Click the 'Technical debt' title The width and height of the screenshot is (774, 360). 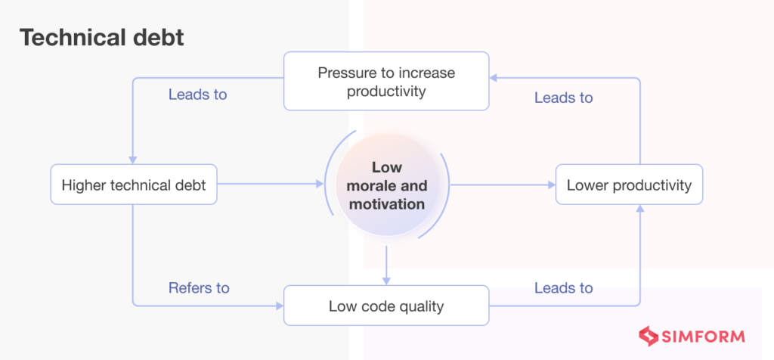tap(101, 37)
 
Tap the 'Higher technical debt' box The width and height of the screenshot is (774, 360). tap(134, 185)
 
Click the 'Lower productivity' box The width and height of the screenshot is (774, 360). tap(629, 185)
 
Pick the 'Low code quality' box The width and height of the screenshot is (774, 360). tap(386, 306)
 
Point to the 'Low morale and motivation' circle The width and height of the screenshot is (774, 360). tap(386, 185)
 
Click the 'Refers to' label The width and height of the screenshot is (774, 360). tap(199, 288)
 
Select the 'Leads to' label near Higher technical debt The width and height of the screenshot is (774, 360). tap(197, 95)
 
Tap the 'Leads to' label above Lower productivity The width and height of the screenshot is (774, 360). tap(563, 98)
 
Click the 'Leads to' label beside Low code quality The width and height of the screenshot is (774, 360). tap(563, 288)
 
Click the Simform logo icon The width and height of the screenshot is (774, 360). tap(647, 337)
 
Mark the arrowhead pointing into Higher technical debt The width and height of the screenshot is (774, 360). tap(133, 160)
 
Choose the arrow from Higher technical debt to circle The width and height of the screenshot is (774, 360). tap(268, 184)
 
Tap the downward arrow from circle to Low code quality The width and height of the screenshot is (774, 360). tap(386, 265)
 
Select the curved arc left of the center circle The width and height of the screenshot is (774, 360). tap(327, 185)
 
